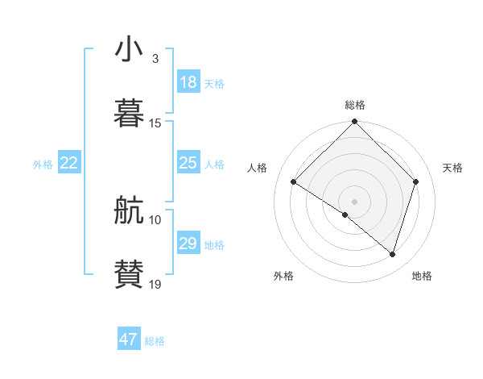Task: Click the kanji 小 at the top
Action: click(x=129, y=50)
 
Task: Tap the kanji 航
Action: click(x=129, y=212)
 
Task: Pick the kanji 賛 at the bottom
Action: click(x=129, y=274)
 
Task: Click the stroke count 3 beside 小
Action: click(x=155, y=59)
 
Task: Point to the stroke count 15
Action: click(x=155, y=123)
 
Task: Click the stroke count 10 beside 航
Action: click(x=155, y=219)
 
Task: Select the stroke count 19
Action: click(x=155, y=284)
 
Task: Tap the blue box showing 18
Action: click(x=188, y=82)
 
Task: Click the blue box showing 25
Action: click(x=188, y=163)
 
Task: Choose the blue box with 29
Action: click(x=188, y=244)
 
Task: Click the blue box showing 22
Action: click(x=69, y=163)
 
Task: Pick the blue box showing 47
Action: click(x=129, y=339)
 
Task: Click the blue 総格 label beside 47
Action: click(x=155, y=341)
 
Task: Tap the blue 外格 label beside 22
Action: click(x=43, y=165)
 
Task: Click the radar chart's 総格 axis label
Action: click(x=355, y=105)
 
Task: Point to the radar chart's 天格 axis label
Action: click(x=453, y=168)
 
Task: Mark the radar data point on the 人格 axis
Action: click(x=294, y=182)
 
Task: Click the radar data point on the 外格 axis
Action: click(x=345, y=214)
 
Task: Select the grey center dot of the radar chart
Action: click(x=355, y=201)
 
